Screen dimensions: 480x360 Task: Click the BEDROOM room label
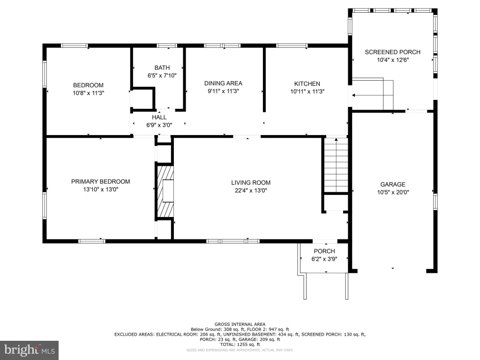point(88,85)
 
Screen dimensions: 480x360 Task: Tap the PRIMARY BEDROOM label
point(100,181)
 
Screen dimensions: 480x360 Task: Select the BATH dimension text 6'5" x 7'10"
point(162,75)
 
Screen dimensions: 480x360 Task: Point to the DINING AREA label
point(223,83)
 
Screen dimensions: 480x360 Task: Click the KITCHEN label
point(307,83)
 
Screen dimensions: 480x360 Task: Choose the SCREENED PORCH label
point(392,52)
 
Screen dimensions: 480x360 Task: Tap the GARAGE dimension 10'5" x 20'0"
point(393,192)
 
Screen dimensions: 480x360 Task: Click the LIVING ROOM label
point(251,183)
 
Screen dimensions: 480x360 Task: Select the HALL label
point(159,117)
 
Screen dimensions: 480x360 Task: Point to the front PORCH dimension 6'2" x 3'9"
point(324,259)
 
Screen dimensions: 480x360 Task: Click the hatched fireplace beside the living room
point(165,191)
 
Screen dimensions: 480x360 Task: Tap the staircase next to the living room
point(336,165)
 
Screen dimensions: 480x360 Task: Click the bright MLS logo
point(30,350)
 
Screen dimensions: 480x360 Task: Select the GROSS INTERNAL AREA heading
point(240,324)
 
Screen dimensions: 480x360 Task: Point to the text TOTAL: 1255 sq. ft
point(240,345)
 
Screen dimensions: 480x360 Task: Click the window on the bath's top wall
point(167,45)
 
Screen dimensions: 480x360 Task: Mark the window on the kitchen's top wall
point(292,45)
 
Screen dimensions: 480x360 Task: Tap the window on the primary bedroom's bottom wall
point(92,241)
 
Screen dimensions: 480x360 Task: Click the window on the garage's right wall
point(435,202)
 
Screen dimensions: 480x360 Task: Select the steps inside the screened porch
point(373,94)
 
